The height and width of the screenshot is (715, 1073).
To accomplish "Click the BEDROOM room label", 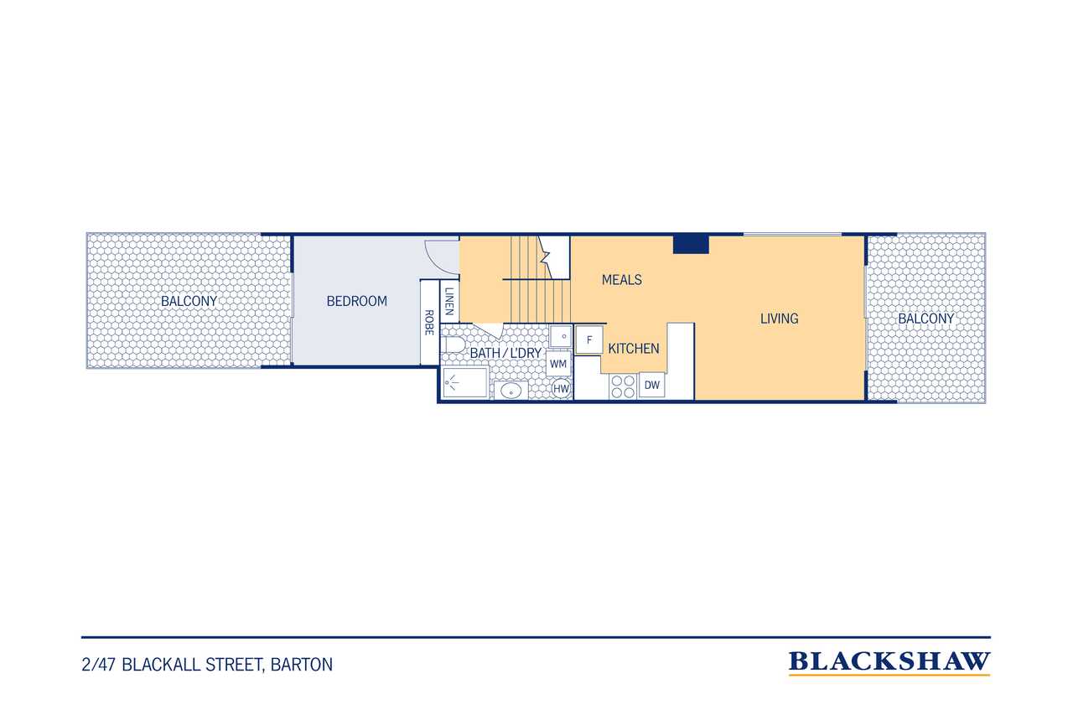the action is point(357,301).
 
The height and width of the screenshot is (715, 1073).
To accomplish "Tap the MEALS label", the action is point(622,280).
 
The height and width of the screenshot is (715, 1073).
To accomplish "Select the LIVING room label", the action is point(780,319).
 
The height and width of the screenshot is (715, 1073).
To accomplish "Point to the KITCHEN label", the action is point(634,349).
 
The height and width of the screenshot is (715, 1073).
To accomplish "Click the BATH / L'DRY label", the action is point(505,353).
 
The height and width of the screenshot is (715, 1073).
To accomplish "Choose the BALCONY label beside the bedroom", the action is point(189,301).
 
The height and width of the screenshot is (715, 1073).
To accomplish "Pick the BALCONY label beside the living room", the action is point(926,319).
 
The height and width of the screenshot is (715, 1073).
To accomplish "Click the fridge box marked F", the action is point(589,340).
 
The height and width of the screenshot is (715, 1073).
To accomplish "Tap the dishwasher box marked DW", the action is point(652,385).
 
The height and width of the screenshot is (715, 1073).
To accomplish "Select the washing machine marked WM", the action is point(558,364).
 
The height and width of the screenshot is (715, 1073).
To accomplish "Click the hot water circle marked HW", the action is point(561,389).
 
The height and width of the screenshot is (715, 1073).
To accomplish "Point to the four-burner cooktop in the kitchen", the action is point(623,386).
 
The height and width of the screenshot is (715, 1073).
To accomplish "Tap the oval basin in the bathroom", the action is point(511,391).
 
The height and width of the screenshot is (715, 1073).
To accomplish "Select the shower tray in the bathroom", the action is point(465,382).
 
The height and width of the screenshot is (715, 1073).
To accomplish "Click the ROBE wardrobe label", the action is point(429,323).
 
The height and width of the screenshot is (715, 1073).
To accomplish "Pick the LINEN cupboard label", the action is point(448,301).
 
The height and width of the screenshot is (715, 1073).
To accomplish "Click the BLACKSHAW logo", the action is point(889,663).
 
